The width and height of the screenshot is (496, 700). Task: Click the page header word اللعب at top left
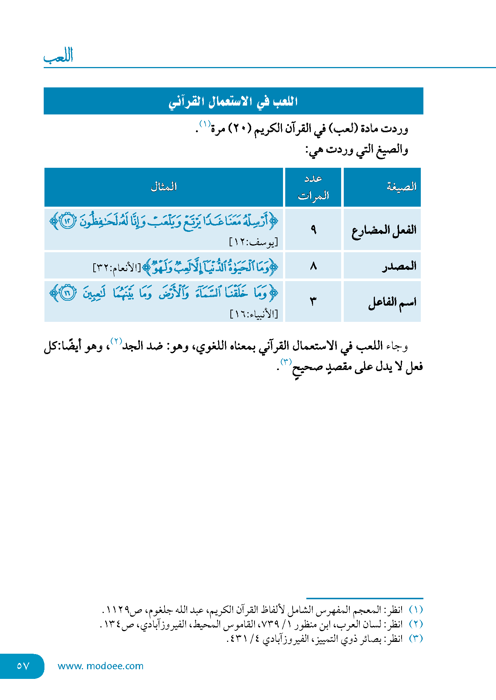point(58,56)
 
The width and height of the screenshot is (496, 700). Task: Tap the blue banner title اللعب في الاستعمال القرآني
point(233,101)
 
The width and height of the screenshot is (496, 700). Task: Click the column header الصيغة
point(402,187)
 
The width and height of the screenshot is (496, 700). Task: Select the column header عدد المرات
point(313,187)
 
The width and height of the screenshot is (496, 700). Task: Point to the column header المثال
point(164,187)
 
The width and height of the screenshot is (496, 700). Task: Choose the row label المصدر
point(399,266)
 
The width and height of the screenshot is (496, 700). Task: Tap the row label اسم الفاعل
point(392,302)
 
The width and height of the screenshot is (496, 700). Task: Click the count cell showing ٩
point(313,230)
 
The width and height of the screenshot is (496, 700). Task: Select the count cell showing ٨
point(313,266)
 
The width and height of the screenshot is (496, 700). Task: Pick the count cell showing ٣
point(313,302)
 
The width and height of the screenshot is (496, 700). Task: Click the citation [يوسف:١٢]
point(253,243)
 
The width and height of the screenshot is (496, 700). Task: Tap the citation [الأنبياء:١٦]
point(254,314)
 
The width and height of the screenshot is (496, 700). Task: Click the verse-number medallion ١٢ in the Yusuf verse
point(68,221)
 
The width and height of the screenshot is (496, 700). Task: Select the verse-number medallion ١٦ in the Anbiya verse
point(68,293)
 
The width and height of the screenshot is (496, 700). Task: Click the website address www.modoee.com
point(100,666)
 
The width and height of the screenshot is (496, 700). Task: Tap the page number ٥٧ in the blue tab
point(23,666)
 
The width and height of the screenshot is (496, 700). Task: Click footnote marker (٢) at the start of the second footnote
point(416,624)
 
